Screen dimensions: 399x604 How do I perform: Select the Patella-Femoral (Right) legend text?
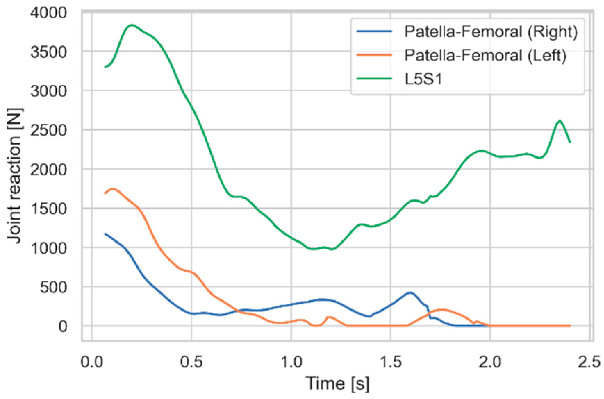491,32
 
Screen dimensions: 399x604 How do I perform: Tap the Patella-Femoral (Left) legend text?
485,55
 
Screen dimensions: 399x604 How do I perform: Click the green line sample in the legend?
374,79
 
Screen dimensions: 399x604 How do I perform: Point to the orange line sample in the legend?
374,55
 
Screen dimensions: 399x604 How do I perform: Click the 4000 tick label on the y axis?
48,13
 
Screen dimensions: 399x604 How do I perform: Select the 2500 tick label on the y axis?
48,130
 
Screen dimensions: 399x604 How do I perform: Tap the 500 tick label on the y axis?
53,287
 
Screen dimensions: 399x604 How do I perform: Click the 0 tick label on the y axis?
63,326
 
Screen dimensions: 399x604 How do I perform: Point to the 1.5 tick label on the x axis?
391,362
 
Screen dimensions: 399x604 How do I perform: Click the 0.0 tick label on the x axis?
92,362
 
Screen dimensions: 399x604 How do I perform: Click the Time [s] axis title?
337,384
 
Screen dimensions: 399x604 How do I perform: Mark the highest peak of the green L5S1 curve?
132,25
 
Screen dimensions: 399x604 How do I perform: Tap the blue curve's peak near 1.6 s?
410,292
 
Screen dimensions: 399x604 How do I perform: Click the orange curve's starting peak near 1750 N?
113,189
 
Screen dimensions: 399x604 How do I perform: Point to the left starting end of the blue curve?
105,234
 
